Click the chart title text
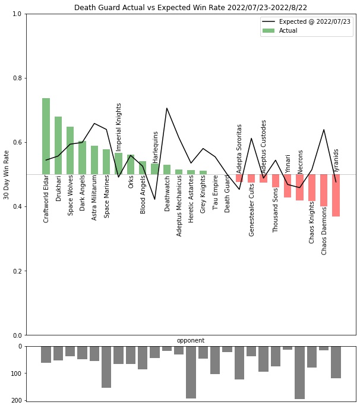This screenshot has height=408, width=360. click(191, 8)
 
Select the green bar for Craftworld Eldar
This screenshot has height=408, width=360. click(46, 136)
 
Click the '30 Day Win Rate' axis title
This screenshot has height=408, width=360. click(7, 174)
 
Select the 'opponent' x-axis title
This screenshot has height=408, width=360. click(191, 341)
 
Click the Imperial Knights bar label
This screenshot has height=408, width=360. click(119, 127)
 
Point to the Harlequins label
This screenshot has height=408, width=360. click(155, 147)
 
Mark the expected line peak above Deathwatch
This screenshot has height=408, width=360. click(167, 108)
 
